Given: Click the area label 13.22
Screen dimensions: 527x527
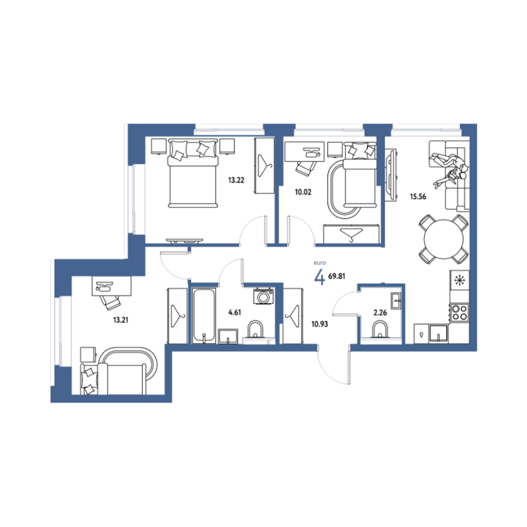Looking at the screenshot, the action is coord(236,180).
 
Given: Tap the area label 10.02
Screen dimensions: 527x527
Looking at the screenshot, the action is coord(303,192).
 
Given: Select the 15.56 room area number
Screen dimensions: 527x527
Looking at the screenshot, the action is coord(418,197).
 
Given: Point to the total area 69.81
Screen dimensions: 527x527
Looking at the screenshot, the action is coord(336,277).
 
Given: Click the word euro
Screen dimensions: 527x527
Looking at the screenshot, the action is coord(320,263).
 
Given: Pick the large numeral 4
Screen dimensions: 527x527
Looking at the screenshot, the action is coord(319,277).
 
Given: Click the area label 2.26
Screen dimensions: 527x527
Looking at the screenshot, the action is coord(380,313).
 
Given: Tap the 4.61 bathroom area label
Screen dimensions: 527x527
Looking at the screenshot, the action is coord(235,312).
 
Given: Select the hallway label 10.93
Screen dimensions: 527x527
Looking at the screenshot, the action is coord(319,325).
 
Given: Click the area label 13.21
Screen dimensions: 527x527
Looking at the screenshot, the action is coord(120,320).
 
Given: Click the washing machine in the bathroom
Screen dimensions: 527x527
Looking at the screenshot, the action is coord(263,296).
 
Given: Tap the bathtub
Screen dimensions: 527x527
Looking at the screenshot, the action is coord(204,316).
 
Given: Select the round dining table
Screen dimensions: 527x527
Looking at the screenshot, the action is coord(444,239).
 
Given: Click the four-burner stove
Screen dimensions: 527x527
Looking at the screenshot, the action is coord(459,313).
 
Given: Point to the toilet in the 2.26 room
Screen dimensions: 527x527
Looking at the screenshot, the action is coord(380,329).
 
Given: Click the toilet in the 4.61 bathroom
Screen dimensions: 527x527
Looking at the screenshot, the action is coord(255,329).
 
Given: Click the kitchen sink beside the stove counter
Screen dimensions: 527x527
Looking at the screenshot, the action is coord(438,333).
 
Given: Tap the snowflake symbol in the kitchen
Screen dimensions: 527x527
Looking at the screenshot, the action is coord(458,280).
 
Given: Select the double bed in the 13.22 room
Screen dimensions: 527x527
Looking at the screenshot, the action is coord(193,174).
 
